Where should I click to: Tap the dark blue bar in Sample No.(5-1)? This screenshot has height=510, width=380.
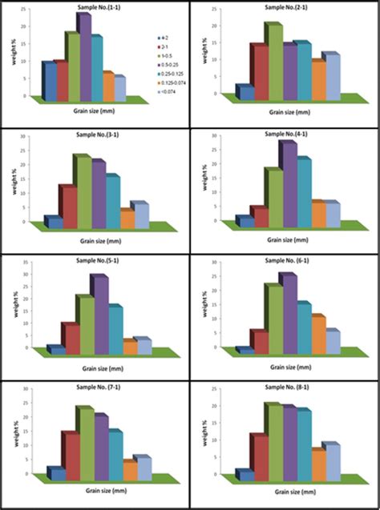point(55,350)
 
